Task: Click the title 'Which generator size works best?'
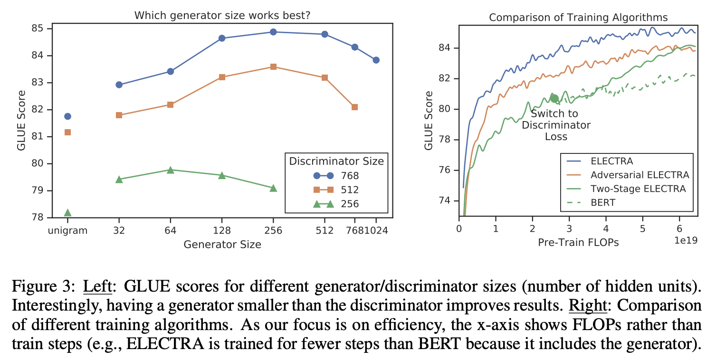222,15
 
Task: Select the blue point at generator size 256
273,32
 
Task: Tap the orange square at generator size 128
222,77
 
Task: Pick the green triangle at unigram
67,212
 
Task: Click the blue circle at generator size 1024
376,60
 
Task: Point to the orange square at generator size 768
354,107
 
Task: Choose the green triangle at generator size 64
171,170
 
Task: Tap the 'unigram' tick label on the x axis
67,231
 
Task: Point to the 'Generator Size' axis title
222,245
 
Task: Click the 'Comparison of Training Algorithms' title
578,18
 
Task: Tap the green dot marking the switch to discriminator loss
554,98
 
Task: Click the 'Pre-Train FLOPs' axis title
578,243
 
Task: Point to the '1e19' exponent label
685,241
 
